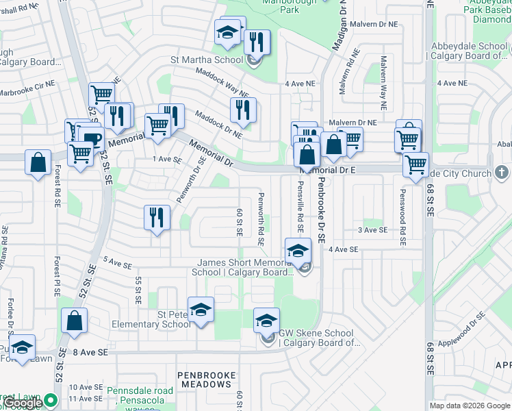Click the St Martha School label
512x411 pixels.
coord(206,60)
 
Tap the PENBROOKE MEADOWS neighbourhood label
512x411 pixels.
coord(207,379)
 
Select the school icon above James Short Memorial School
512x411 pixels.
coord(298,251)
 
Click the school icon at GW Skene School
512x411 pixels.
coord(267,321)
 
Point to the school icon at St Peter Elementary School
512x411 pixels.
coord(201,310)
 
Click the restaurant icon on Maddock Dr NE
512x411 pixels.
coord(243,110)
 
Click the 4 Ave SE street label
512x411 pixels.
coord(344,250)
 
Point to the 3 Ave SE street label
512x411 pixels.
coord(373,230)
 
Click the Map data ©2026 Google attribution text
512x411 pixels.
coord(470,406)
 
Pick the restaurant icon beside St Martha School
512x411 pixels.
coord(257,43)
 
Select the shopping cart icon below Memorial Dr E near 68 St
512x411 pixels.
coord(415,166)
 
